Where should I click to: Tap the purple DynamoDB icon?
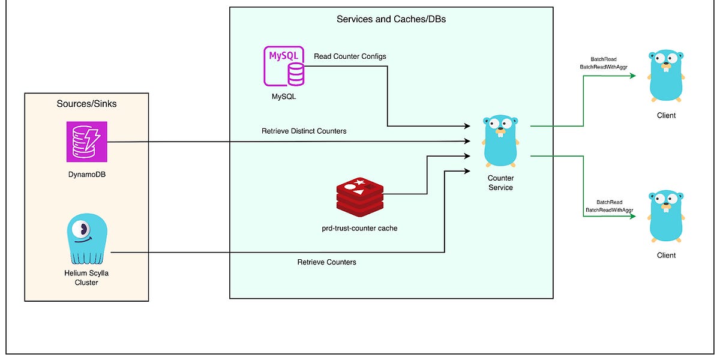pyautogui.click(x=86, y=142)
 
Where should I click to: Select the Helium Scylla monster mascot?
pyautogui.click(x=88, y=240)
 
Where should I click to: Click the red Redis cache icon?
pyautogui.click(x=359, y=196)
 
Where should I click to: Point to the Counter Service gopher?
pyautogui.click(x=500, y=140)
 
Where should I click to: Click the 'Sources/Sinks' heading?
pyautogui.click(x=86, y=104)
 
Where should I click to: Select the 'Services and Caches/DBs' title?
pyautogui.click(x=391, y=19)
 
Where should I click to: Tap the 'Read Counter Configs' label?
pyautogui.click(x=350, y=56)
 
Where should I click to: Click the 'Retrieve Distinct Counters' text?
pyautogui.click(x=304, y=131)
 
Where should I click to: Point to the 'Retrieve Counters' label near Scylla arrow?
pyautogui.click(x=326, y=262)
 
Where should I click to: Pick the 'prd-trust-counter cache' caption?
pyautogui.click(x=359, y=228)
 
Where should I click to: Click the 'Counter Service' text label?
pyautogui.click(x=500, y=183)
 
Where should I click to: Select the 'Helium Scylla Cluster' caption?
pyautogui.click(x=88, y=277)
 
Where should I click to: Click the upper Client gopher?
pyautogui.click(x=666, y=76)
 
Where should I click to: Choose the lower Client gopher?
pyautogui.click(x=666, y=215)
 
